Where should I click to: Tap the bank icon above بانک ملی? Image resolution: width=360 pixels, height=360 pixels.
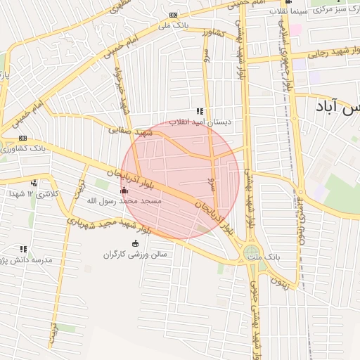[x=174, y=15]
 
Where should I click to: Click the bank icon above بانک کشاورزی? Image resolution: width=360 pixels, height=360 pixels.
[x=23, y=138]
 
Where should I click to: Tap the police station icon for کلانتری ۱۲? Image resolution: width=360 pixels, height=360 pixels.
[x=33, y=183]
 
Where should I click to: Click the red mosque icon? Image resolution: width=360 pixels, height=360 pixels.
[x=124, y=190]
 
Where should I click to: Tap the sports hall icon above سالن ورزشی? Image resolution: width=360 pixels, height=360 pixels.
[x=135, y=243]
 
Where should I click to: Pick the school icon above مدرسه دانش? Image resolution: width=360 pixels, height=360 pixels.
[x=24, y=249]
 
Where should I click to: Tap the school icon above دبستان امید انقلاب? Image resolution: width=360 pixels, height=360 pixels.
[x=200, y=111]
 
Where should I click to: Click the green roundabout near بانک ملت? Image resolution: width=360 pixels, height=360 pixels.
[x=251, y=252]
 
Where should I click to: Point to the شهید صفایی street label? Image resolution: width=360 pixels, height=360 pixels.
[x=131, y=131]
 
